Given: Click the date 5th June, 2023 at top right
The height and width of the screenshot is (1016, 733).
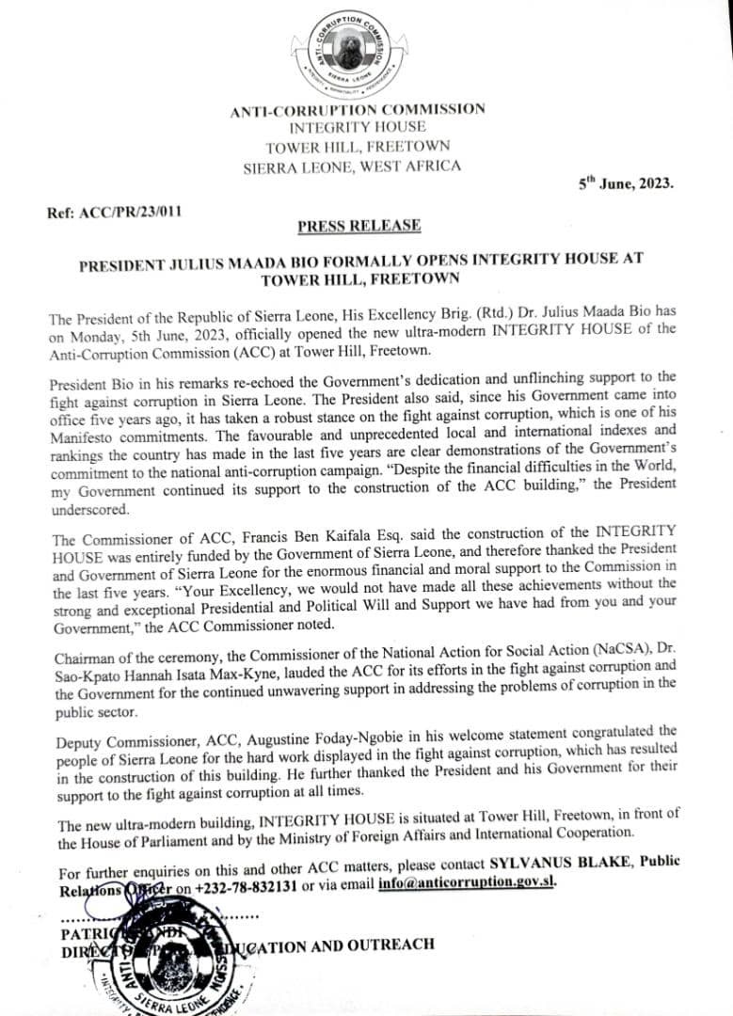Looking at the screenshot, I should (x=626, y=183).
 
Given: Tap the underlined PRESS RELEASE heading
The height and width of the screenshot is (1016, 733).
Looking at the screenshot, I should (x=359, y=226).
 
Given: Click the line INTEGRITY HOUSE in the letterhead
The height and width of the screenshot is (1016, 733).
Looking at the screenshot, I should (x=357, y=127).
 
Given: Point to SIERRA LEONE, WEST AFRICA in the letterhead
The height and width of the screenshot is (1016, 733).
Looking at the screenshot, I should (x=352, y=167).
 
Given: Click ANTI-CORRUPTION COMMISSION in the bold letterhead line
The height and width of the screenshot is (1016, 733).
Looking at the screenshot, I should (x=359, y=110).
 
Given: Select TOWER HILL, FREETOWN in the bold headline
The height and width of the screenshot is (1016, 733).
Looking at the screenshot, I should (x=360, y=278).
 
